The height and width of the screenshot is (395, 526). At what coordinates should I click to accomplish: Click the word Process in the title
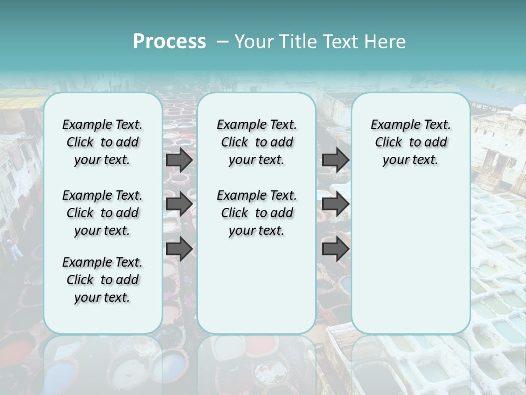click(x=169, y=42)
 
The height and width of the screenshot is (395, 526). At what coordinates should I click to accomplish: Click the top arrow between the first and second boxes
click(x=179, y=160)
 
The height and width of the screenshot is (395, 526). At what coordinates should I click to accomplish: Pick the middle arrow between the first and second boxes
click(x=179, y=204)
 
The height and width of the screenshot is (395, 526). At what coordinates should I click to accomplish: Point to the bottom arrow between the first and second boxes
click(x=179, y=249)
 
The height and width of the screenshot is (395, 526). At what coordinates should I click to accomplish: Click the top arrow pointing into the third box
click(x=335, y=160)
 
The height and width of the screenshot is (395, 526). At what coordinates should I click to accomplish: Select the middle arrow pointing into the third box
click(x=335, y=204)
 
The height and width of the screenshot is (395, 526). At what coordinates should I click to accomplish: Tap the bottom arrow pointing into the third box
click(x=335, y=249)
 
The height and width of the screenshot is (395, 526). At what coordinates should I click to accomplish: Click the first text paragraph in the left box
click(x=102, y=142)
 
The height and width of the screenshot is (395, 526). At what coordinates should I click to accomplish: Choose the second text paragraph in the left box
click(x=102, y=213)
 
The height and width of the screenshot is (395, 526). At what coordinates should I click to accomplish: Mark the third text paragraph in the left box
click(x=102, y=280)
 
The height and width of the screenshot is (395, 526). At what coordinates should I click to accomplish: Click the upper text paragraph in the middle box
click(x=256, y=142)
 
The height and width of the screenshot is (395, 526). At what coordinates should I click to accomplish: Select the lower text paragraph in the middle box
click(x=256, y=213)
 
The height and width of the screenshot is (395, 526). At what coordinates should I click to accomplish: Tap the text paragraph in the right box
click(x=410, y=142)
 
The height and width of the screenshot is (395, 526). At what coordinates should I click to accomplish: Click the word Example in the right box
click(x=391, y=125)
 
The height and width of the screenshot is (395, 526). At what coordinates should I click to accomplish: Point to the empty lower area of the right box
click(x=410, y=258)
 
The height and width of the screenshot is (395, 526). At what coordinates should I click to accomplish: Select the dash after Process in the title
click(x=222, y=42)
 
